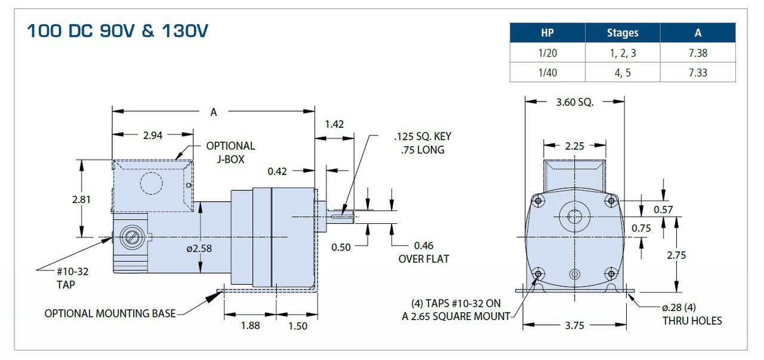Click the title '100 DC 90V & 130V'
coord(118,31)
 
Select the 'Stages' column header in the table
coord(623,33)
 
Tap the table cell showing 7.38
coord(697,53)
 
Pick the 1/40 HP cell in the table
coord(547,73)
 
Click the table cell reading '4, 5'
coord(623,73)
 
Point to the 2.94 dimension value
coord(153,135)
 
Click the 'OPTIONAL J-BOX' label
coord(230,152)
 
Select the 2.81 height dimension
coord(81,199)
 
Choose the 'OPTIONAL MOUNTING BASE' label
coord(110,313)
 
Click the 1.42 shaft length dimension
coord(334,124)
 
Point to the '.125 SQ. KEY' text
coord(423,137)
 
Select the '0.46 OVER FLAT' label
coord(423,252)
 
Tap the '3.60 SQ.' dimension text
coord(574,102)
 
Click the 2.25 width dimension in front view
coord(574,145)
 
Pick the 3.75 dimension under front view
coord(574,325)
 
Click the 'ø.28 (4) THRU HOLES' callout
coord(691,314)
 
